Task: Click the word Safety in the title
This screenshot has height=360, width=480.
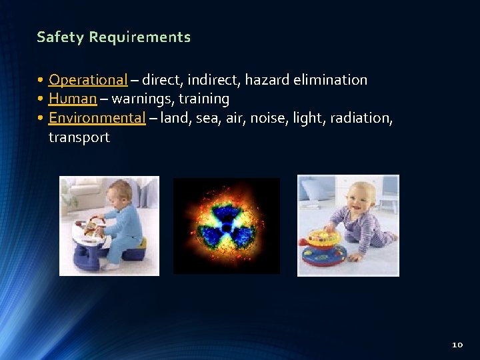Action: (60, 37)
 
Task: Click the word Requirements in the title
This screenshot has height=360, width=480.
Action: (140, 37)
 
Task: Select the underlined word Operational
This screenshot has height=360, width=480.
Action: (87, 80)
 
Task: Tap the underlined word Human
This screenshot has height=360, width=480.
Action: (73, 99)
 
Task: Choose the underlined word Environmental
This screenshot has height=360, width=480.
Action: (97, 118)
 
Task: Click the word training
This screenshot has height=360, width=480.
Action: (204, 99)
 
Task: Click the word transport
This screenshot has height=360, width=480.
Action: (79, 137)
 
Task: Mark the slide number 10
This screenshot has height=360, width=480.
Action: (457, 345)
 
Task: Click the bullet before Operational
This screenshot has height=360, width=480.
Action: (41, 80)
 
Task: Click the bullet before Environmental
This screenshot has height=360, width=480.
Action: (41, 118)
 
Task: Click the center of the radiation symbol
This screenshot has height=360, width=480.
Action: (227, 227)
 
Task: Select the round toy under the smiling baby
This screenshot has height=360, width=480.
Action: (322, 250)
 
